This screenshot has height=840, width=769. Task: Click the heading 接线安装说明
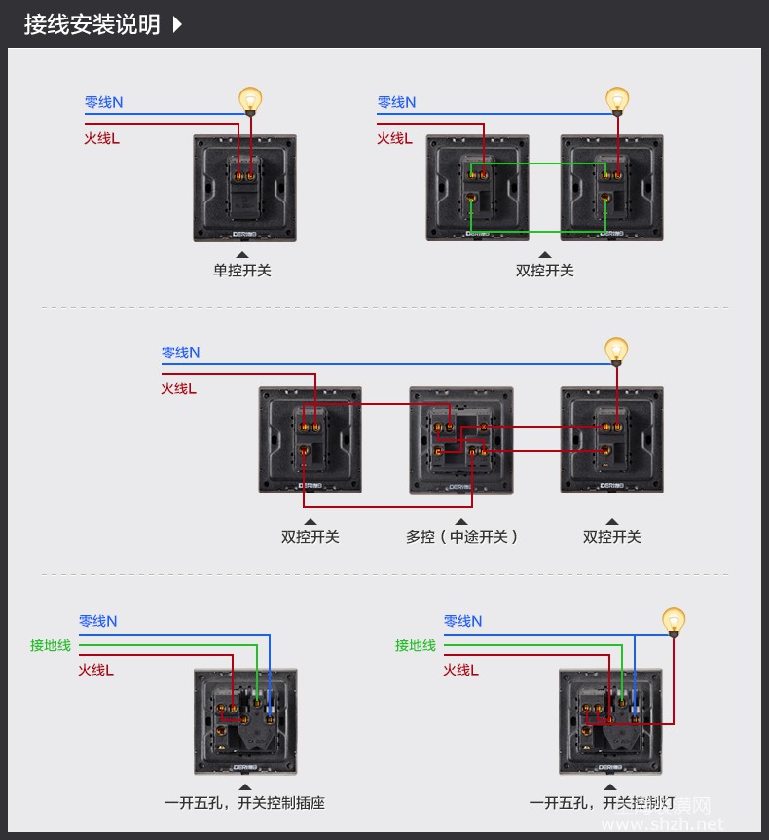click(92, 24)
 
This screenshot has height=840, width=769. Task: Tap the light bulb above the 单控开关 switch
click(251, 100)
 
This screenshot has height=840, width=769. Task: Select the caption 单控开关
click(242, 271)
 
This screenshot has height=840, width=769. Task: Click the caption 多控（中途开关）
click(462, 536)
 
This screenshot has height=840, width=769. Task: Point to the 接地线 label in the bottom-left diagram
click(51, 645)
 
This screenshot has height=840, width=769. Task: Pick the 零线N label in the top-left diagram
click(103, 102)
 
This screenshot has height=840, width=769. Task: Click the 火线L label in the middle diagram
click(179, 388)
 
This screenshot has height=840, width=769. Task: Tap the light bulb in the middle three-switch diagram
click(615, 349)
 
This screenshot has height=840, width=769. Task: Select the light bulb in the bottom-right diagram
click(673, 620)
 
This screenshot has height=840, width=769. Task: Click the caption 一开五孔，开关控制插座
click(244, 803)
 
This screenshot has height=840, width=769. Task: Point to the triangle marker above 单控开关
click(242, 254)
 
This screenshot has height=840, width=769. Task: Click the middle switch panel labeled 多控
click(460, 439)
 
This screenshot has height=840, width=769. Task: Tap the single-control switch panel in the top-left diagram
click(244, 188)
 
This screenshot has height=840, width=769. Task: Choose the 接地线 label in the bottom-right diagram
click(416, 645)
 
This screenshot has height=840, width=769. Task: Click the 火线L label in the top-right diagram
click(395, 138)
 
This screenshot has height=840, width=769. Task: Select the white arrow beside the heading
click(177, 24)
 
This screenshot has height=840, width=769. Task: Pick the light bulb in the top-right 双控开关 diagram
click(617, 99)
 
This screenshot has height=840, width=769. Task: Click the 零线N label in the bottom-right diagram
click(463, 621)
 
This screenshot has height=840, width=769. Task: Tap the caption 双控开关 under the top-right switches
click(545, 271)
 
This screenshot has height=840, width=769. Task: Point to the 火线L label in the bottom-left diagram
click(96, 670)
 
